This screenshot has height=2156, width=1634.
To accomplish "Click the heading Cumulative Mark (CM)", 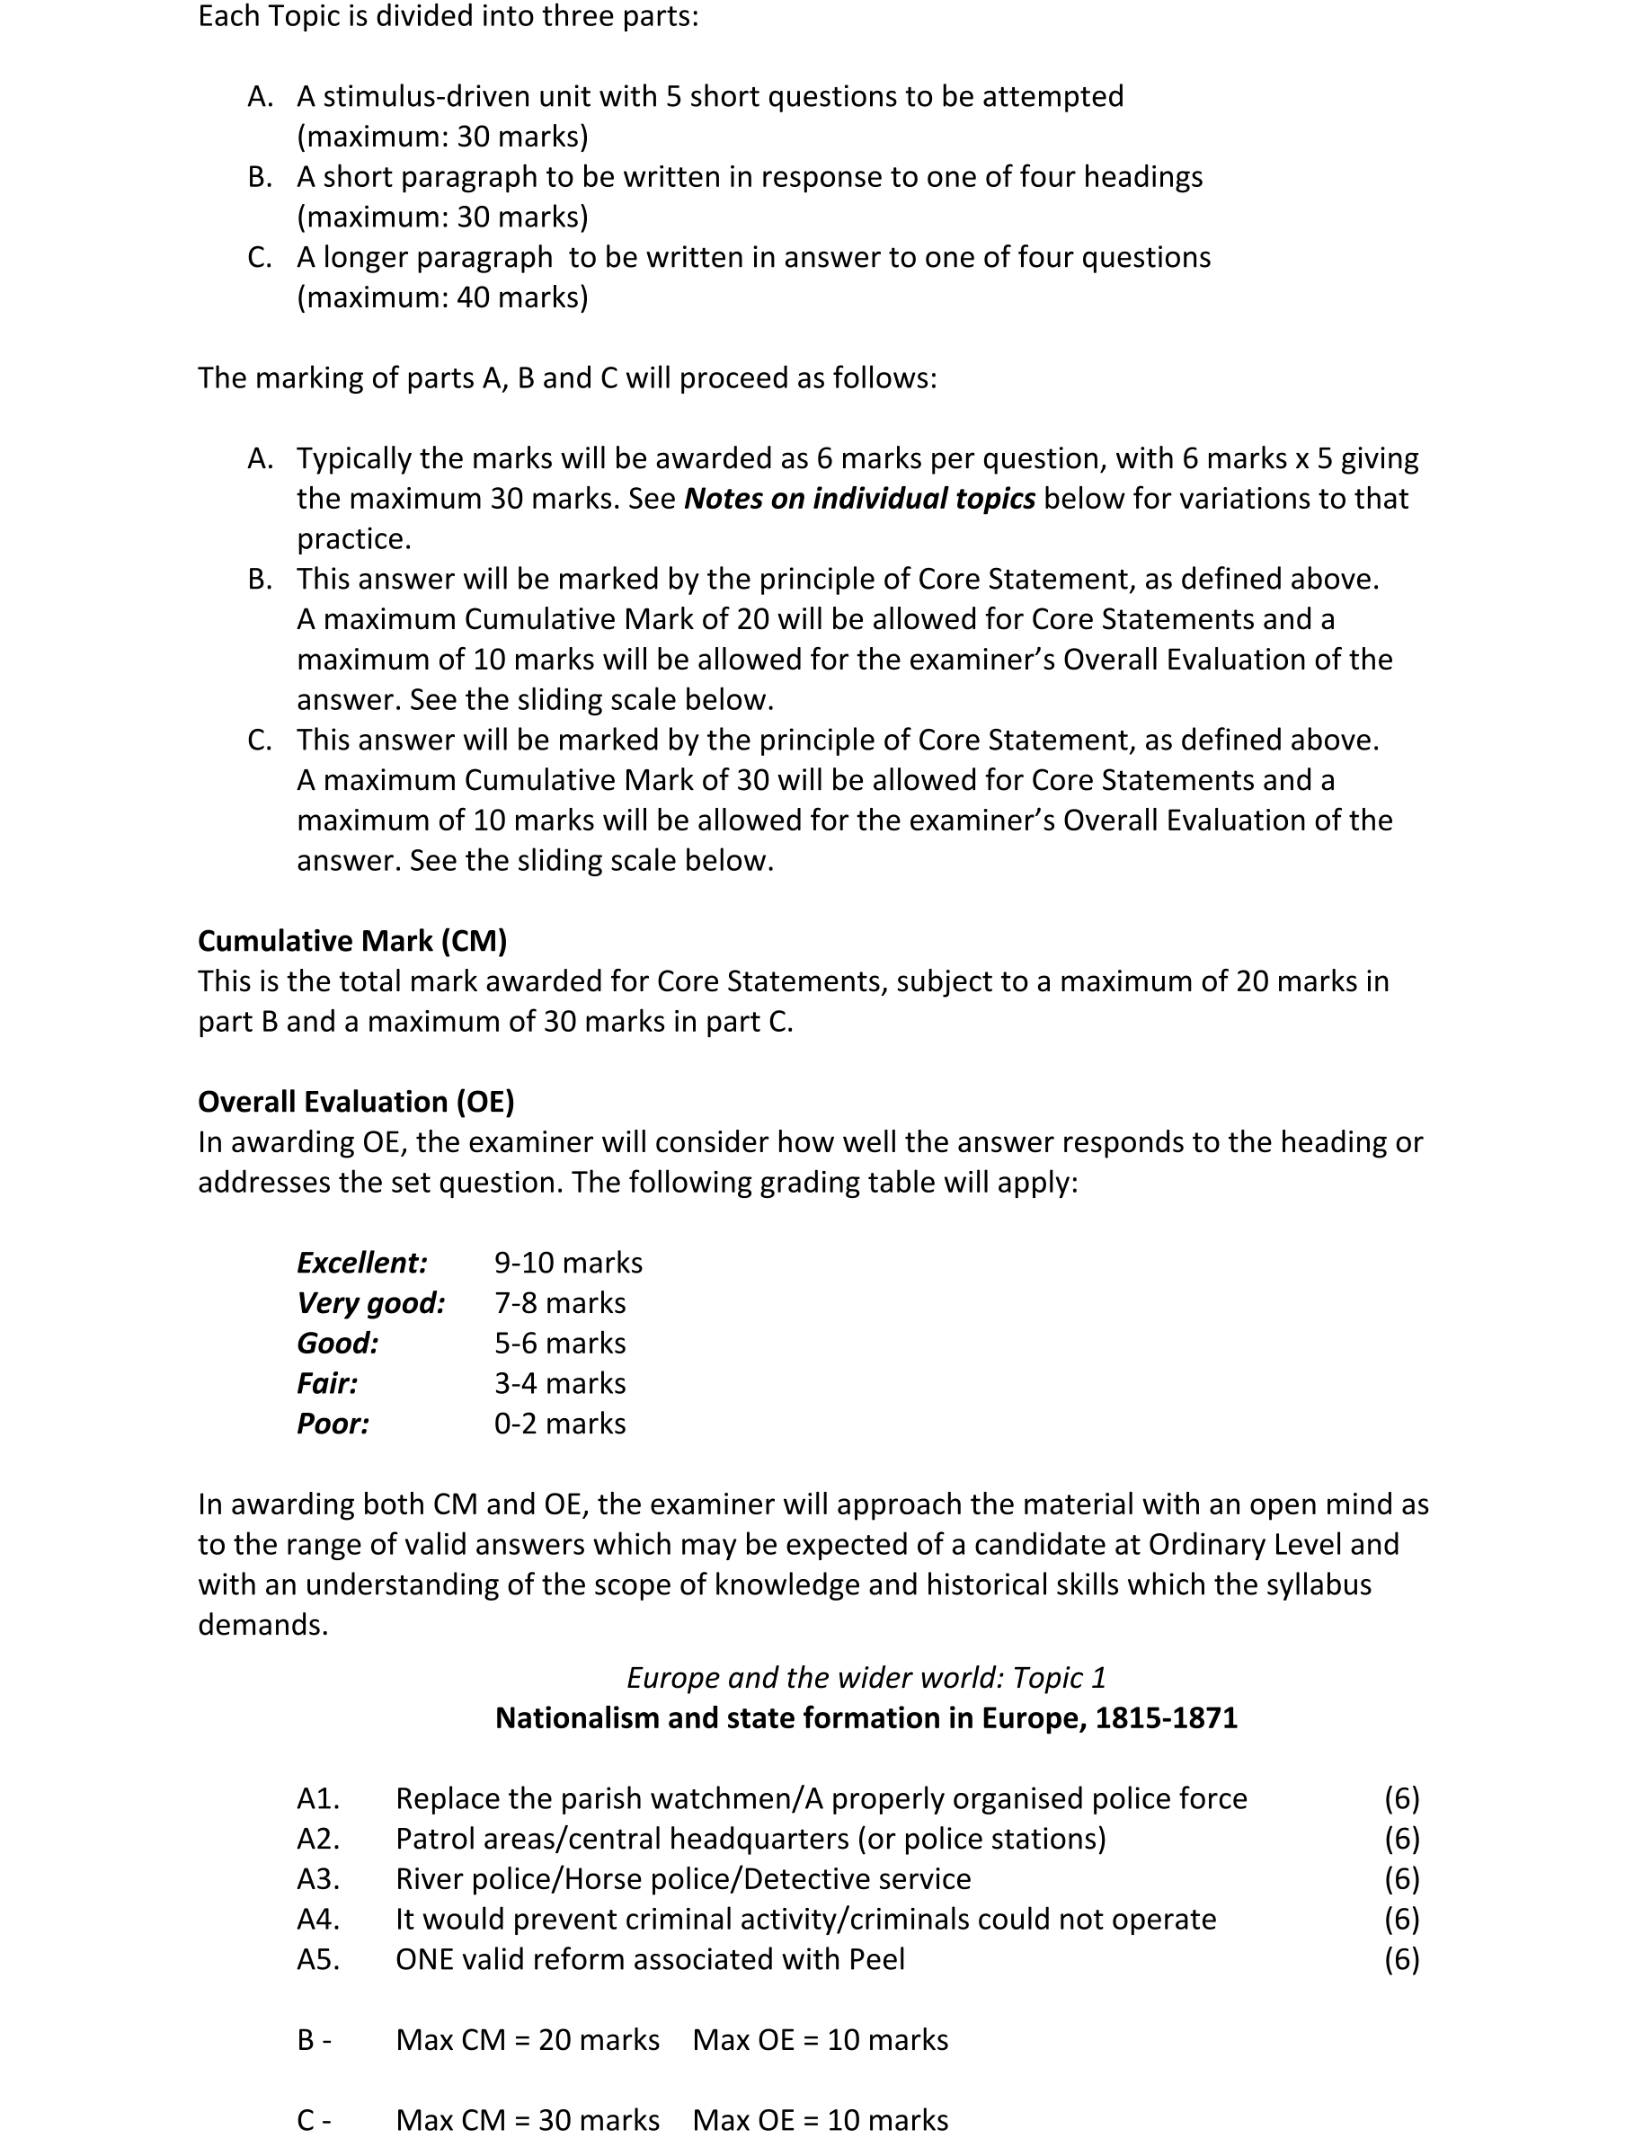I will tap(352, 941).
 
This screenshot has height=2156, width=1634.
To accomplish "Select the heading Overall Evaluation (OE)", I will tap(356, 1102).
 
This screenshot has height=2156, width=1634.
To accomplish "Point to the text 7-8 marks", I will tap(560, 1303).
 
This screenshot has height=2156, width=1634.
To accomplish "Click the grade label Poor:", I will tap(333, 1424).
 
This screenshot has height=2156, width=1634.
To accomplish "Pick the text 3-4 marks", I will tap(560, 1383).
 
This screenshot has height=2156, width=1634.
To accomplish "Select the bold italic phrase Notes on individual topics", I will tap(859, 499).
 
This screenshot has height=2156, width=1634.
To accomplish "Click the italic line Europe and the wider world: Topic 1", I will tap(866, 1677).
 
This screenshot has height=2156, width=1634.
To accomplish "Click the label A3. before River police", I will tap(318, 1879).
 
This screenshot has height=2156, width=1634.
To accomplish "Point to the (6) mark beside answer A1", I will tap(1401, 1799).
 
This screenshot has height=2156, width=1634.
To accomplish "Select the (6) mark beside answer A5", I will tap(1401, 1959).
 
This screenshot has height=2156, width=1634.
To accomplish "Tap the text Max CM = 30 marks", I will tap(528, 2121).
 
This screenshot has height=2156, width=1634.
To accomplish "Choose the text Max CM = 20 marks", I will tap(528, 2040).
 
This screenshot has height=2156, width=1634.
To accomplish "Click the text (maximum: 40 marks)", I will tap(442, 297).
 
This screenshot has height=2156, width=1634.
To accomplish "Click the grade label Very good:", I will tap(370, 1303).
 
